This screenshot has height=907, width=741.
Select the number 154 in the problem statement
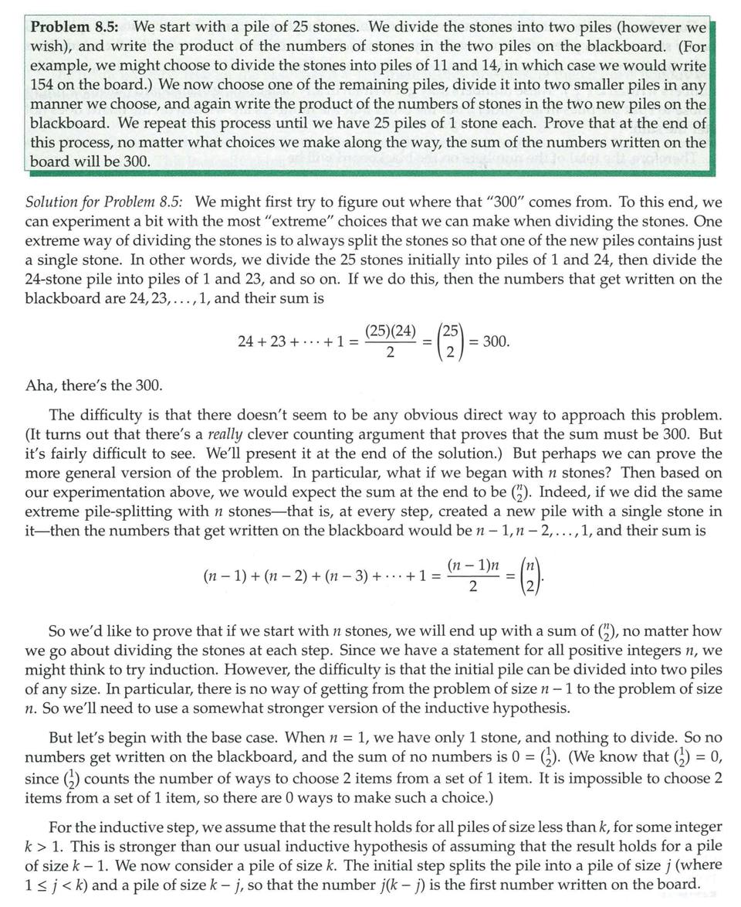[45, 84]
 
